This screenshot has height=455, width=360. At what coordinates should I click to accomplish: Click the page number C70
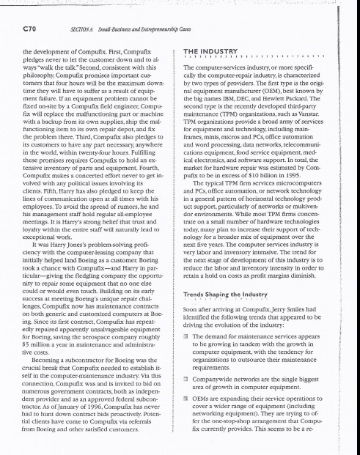(x=34, y=29)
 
